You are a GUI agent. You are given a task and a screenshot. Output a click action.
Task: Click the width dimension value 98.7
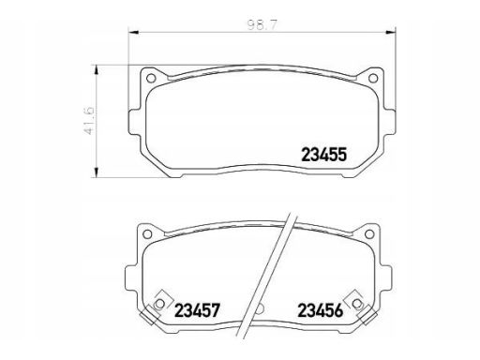pyautogui.click(x=262, y=25)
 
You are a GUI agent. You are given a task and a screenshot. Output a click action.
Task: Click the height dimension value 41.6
pyautogui.click(x=89, y=121)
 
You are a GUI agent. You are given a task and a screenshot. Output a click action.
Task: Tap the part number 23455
pyautogui.click(x=324, y=155)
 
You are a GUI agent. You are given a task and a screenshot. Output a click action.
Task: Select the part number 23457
pyautogui.click(x=198, y=310)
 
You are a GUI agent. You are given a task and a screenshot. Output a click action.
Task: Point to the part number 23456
pyautogui.click(x=321, y=310)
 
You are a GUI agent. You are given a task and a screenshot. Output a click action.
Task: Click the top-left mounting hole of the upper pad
pyautogui.click(x=151, y=78)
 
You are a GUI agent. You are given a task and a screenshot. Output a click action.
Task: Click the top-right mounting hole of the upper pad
pyautogui.click(x=373, y=78)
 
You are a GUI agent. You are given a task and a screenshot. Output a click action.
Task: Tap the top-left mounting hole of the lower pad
pyautogui.click(x=147, y=233)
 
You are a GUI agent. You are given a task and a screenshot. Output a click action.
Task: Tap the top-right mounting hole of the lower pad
pyautogui.click(x=369, y=233)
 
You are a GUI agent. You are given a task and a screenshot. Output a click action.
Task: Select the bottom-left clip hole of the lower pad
pyautogui.click(x=159, y=304)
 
